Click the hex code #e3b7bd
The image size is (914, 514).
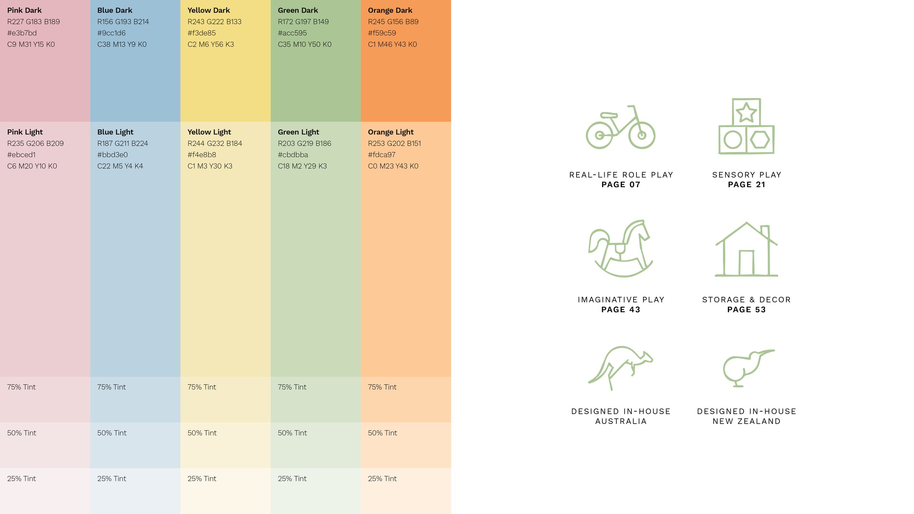click(22, 33)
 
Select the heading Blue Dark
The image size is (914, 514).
click(115, 10)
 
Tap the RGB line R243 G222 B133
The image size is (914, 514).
click(214, 22)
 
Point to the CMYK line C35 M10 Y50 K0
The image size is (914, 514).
click(305, 44)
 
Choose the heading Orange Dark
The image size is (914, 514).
click(390, 10)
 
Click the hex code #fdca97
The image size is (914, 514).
click(382, 155)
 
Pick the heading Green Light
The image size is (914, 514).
click(298, 132)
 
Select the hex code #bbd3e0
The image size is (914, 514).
click(113, 155)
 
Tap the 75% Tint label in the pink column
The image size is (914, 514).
click(21, 387)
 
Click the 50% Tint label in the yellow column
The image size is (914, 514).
click(202, 433)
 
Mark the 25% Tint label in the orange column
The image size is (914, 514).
click(382, 479)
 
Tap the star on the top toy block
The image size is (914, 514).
click(746, 113)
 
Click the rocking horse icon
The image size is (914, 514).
click(620, 249)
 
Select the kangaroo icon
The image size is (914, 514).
click(620, 368)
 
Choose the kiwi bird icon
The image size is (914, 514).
click(748, 368)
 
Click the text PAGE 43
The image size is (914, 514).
click(621, 310)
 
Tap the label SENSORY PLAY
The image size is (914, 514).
click(747, 175)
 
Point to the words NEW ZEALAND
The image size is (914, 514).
click(747, 421)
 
